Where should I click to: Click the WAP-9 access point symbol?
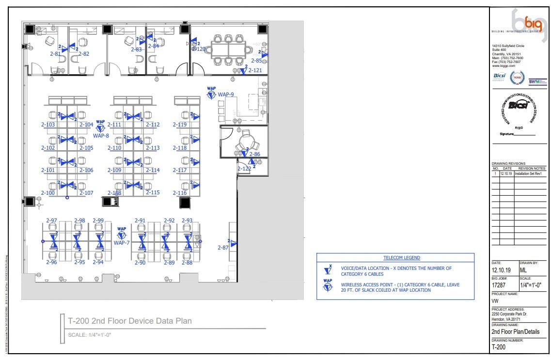click(211, 95)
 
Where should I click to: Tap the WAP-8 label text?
click(101, 136)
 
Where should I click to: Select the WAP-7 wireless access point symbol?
click(121, 235)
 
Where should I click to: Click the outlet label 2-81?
click(55, 54)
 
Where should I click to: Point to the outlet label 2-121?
click(255, 71)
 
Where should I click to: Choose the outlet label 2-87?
click(223, 248)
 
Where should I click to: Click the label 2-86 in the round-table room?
click(254, 154)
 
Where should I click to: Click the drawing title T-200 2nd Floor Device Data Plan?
click(129, 321)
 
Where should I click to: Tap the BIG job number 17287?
click(500, 286)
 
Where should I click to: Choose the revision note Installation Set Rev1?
click(530, 173)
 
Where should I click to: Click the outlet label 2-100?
click(48, 193)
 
